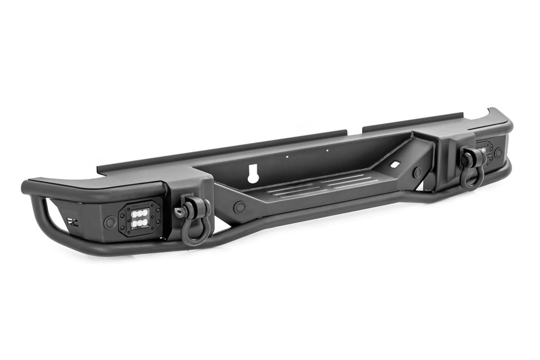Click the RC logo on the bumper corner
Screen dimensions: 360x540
70,221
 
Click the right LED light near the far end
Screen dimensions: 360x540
484,149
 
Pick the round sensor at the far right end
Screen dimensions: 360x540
498,152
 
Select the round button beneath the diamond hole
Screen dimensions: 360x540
418,172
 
